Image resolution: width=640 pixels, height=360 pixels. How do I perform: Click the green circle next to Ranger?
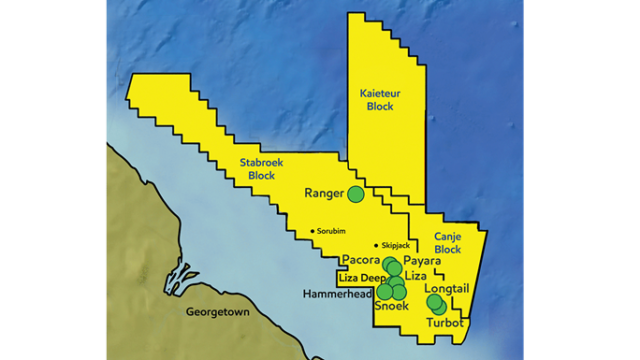click(355, 193)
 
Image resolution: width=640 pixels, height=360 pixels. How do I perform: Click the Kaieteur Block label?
click(379, 100)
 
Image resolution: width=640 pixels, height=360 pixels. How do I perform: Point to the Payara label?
click(423, 260)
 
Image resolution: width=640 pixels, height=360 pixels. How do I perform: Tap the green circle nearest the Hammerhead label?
click(385, 292)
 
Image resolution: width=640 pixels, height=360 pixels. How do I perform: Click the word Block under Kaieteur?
click(379, 107)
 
